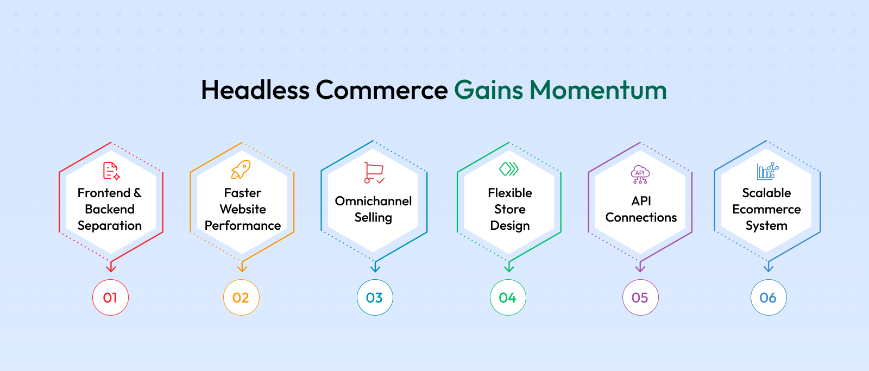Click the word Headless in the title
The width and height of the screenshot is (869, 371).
click(x=255, y=90)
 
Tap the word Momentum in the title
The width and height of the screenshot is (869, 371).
click(x=598, y=90)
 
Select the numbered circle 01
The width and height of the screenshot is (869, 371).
click(x=111, y=297)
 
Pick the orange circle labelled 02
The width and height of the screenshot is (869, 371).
click(x=241, y=297)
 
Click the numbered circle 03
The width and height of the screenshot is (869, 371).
click(x=375, y=297)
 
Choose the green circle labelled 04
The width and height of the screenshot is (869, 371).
click(x=508, y=297)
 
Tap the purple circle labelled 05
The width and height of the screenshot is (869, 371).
click(x=640, y=297)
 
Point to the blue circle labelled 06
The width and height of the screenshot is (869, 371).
click(x=769, y=297)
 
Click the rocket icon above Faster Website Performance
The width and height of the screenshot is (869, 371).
click(x=241, y=169)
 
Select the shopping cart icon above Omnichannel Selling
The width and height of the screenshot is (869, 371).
click(x=374, y=173)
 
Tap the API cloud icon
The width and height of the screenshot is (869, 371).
click(x=640, y=174)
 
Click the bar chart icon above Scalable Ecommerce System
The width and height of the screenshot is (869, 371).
click(x=768, y=171)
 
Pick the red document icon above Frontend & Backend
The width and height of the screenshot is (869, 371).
click(x=111, y=171)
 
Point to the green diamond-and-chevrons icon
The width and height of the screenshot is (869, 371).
click(x=509, y=169)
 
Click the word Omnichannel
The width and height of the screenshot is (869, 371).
click(x=373, y=201)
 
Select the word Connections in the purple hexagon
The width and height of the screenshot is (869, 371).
click(x=641, y=217)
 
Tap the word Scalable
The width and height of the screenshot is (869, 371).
click(x=766, y=193)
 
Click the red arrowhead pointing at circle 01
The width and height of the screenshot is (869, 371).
click(x=111, y=267)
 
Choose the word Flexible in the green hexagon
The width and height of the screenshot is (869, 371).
click(x=510, y=193)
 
